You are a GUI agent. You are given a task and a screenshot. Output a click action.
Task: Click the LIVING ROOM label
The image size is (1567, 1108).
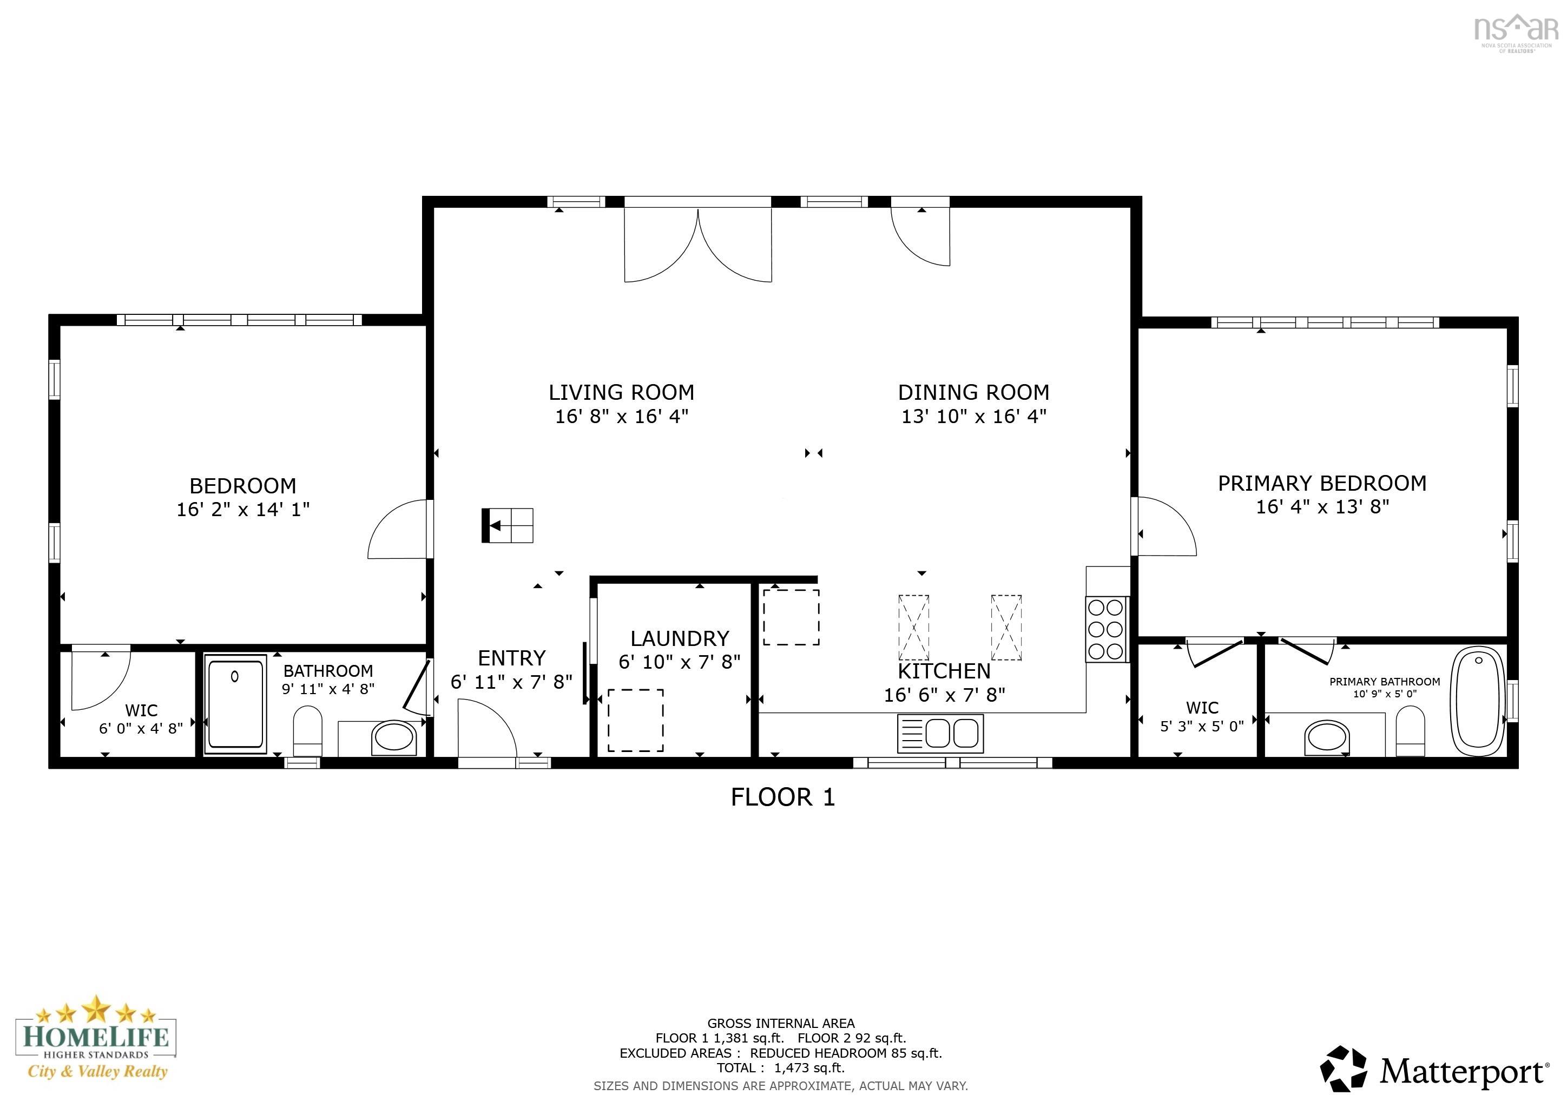pyautogui.click(x=621, y=392)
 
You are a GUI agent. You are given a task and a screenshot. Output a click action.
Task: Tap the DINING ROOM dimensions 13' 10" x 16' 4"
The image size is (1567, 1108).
pyautogui.click(x=974, y=416)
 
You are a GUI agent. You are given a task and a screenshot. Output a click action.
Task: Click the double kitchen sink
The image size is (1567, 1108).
pyautogui.click(x=940, y=734)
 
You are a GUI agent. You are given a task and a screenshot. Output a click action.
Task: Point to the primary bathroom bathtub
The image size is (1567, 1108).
pyautogui.click(x=1478, y=701)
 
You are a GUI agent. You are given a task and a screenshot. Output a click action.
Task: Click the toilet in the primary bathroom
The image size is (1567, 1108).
pyautogui.click(x=1410, y=732)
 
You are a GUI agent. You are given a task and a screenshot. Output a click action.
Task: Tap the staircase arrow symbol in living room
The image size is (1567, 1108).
pyautogui.click(x=507, y=525)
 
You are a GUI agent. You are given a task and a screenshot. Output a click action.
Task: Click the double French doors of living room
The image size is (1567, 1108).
pyautogui.click(x=698, y=246)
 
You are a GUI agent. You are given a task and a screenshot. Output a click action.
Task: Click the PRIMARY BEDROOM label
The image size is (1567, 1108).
pyautogui.click(x=1322, y=483)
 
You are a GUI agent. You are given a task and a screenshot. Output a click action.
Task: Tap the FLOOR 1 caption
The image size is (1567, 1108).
pyautogui.click(x=783, y=797)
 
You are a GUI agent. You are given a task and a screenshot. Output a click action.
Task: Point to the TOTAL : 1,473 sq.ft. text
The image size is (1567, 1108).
pyautogui.click(x=780, y=1068)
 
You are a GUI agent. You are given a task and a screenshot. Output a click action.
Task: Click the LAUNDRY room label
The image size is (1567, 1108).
pyautogui.click(x=679, y=638)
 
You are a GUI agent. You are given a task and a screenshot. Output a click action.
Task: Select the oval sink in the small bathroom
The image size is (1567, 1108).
pyautogui.click(x=393, y=738)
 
